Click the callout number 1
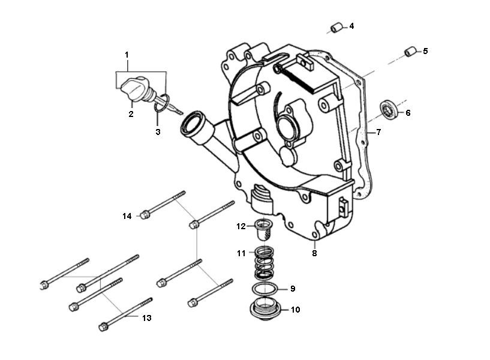click(x=127, y=55)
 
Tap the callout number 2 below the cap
click(x=131, y=113)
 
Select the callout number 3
click(x=158, y=131)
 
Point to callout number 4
click(x=351, y=26)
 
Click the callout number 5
click(x=425, y=51)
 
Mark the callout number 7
click(x=378, y=132)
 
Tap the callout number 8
click(x=314, y=253)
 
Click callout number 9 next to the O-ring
click(x=293, y=289)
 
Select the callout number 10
click(x=295, y=310)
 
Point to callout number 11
click(x=241, y=254)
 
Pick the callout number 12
click(x=241, y=226)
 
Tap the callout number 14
click(x=126, y=215)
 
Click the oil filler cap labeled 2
click(x=134, y=90)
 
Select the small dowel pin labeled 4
click(x=336, y=28)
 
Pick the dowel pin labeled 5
click(x=410, y=52)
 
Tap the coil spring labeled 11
click(x=264, y=263)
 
